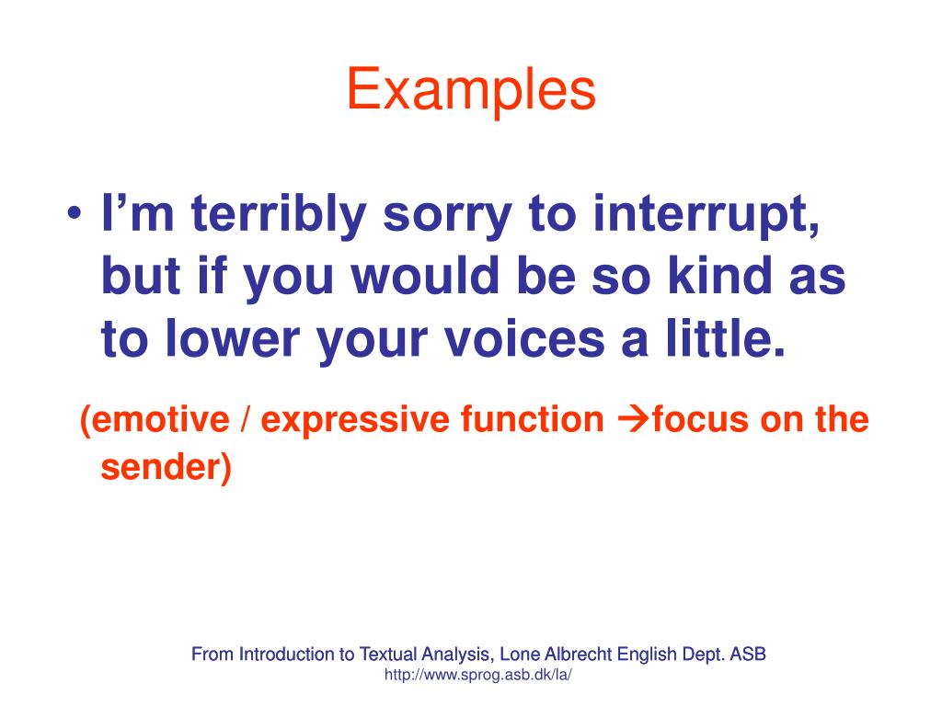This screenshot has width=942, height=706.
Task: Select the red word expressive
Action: point(356,420)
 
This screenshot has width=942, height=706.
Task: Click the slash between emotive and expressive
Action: point(246,420)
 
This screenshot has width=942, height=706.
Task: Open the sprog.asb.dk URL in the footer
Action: point(478,675)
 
